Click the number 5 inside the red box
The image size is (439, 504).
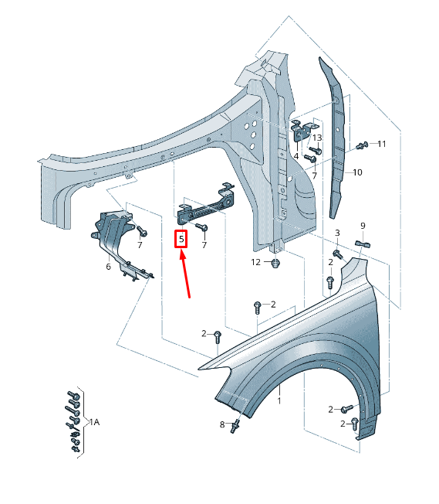point(181,240)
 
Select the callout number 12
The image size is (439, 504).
point(256,263)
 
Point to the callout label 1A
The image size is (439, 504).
point(93,422)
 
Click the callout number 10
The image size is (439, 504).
point(357,172)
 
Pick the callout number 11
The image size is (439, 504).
point(381,144)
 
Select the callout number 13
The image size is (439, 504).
point(317,138)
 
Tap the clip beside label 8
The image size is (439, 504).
point(234,426)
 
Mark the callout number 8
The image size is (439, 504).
point(222,424)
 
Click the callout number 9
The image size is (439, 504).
point(363,226)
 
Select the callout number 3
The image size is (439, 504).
point(337,233)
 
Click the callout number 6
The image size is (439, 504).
point(108,267)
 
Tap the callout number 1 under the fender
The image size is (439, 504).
point(279,401)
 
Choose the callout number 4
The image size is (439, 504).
point(295,156)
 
